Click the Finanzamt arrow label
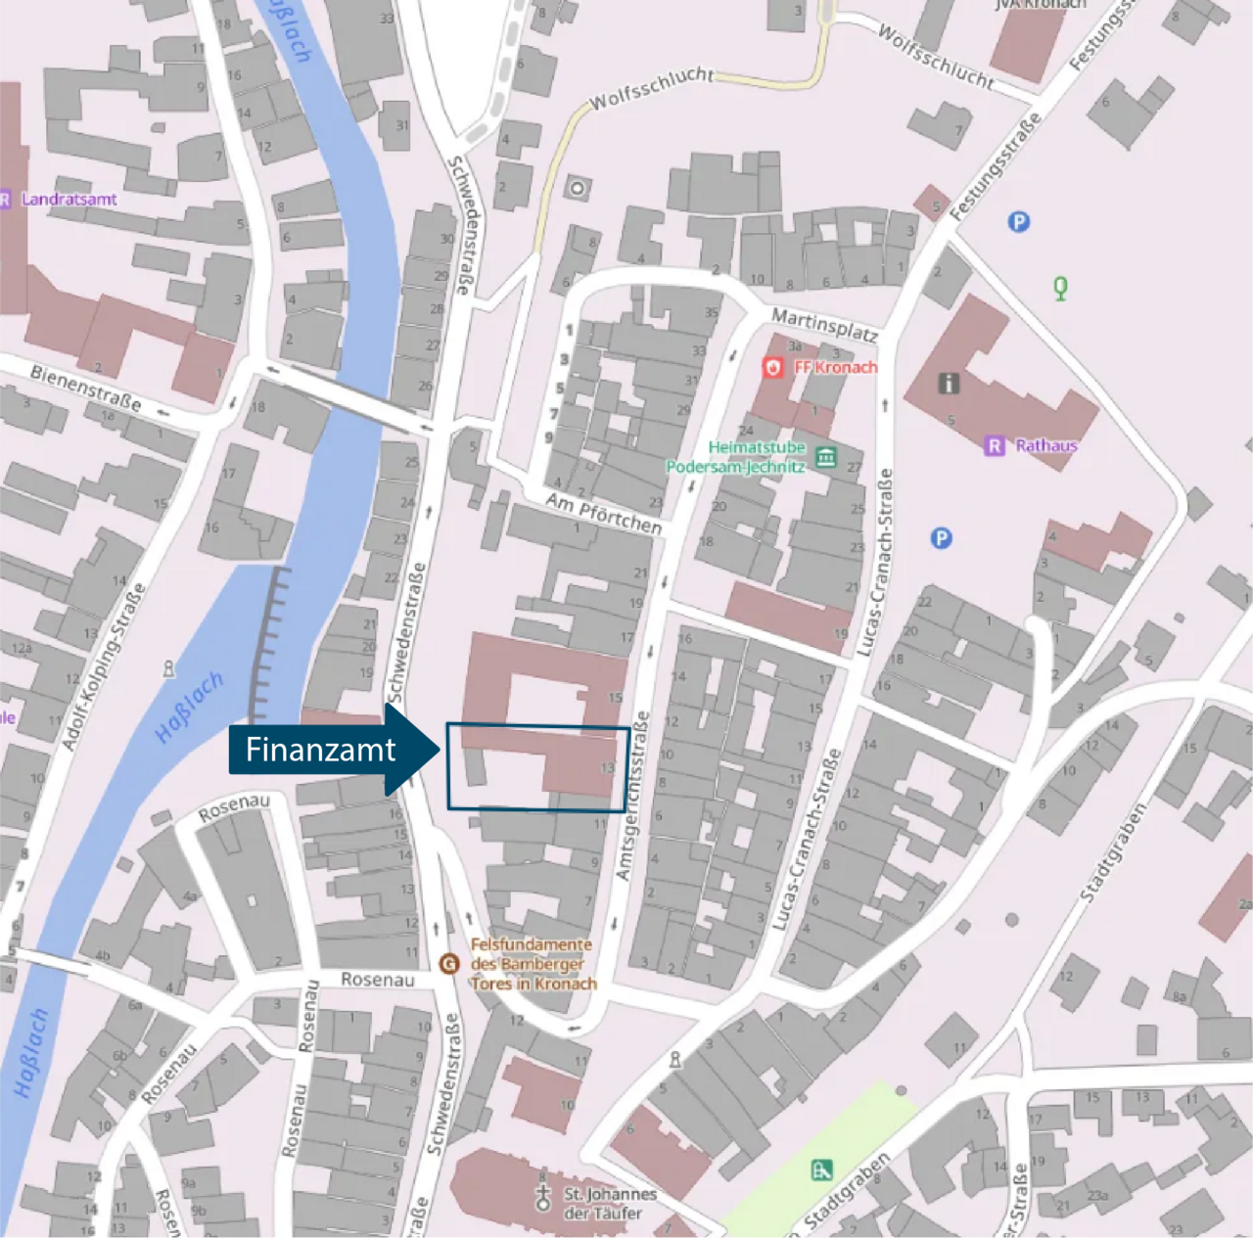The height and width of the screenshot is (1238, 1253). [321, 750]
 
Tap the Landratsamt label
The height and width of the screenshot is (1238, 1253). [69, 199]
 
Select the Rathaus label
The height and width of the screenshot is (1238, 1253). [1045, 445]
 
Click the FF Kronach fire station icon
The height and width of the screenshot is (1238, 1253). [773, 367]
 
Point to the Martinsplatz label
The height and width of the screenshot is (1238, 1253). [823, 324]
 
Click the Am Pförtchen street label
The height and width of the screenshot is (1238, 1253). [603, 513]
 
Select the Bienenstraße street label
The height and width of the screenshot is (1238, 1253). [85, 388]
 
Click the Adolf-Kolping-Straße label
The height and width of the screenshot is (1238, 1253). [104, 665]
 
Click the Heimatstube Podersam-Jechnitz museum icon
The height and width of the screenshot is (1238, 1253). [826, 457]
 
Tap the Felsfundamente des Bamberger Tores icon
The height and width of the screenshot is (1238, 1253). [449, 964]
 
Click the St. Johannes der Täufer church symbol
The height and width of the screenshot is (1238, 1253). [542, 1197]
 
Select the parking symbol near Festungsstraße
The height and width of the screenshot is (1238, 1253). [1018, 222]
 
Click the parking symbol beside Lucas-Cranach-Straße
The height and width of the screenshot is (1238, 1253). [941, 538]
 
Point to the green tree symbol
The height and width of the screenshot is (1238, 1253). [1060, 288]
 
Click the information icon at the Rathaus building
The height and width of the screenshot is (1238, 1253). [949, 383]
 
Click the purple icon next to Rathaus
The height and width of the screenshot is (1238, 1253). [995, 446]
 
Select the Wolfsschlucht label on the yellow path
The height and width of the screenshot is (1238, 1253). [652, 88]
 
